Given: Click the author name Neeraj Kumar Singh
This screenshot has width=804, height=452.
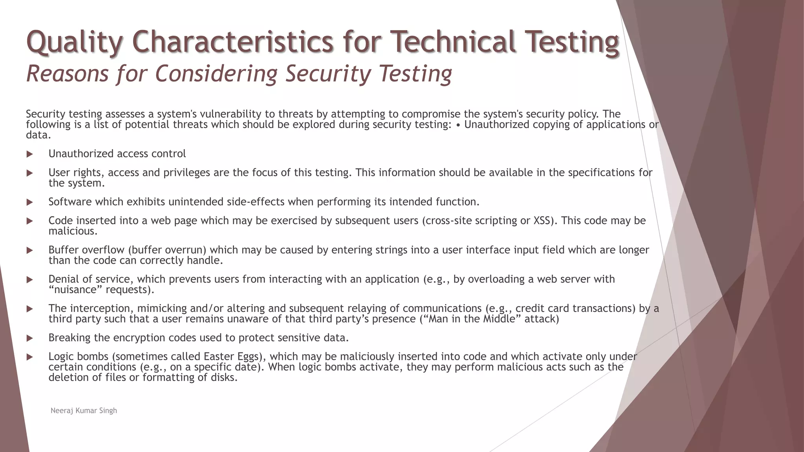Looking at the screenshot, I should click(84, 411).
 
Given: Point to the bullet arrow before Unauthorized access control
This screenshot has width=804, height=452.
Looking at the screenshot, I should click(30, 154).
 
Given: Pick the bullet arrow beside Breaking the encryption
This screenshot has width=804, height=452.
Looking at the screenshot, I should click(30, 338).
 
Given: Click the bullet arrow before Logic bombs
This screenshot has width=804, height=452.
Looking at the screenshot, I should click(30, 357).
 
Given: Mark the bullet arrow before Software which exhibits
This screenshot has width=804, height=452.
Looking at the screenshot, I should click(30, 202).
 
